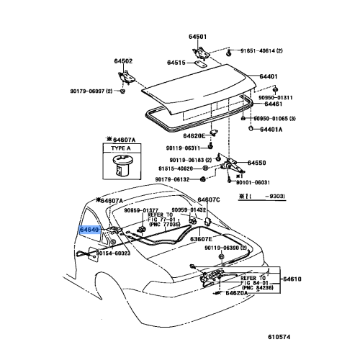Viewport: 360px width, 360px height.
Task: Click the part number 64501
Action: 197,37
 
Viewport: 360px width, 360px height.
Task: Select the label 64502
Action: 123,61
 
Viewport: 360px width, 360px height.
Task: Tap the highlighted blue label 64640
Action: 89,230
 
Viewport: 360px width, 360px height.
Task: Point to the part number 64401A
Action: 271,130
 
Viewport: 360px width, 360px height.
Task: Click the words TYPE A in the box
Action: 121,148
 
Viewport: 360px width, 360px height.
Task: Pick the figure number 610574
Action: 279,337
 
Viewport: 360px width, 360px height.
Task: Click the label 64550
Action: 257,163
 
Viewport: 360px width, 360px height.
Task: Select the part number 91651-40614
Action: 258,51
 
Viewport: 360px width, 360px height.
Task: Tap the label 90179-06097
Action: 87,91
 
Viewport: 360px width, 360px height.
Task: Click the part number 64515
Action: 176,63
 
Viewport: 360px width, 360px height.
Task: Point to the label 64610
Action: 292,279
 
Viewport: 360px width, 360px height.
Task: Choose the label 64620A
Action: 237,293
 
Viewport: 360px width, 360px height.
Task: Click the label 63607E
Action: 201,239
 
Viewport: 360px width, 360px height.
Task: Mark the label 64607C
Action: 209,200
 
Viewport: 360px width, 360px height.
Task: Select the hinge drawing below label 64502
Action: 126,77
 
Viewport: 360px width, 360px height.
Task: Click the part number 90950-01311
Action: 276,98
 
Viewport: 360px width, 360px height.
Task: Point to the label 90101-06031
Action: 253,183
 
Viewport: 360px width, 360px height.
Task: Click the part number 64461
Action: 274,104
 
